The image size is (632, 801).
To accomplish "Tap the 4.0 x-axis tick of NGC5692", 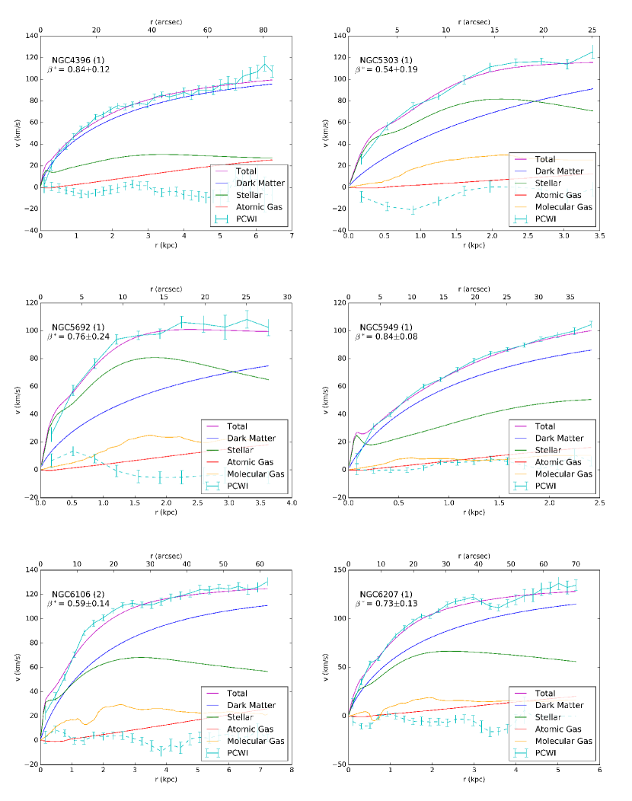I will (x=291, y=503).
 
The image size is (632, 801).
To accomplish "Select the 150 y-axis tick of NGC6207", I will (x=337, y=570).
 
